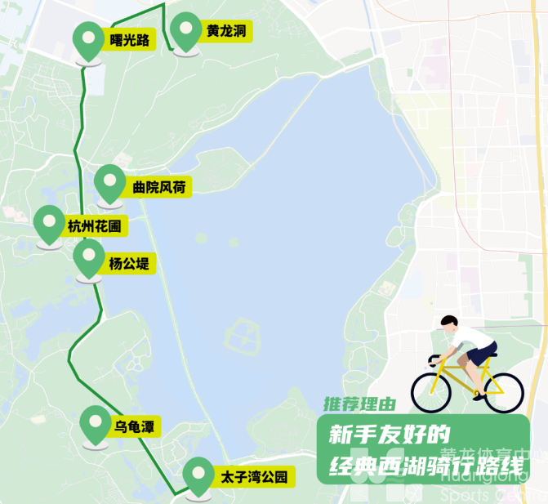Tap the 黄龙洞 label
pyautogui.click(x=225, y=32)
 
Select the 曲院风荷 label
pyautogui.click(x=158, y=188)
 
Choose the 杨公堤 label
pyautogui.click(x=131, y=264)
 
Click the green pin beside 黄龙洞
pyautogui.click(x=185, y=31)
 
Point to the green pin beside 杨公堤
pyautogui.click(x=88, y=259)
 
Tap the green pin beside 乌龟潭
pyautogui.click(x=96, y=423)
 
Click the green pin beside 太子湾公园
pyautogui.click(x=198, y=475)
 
